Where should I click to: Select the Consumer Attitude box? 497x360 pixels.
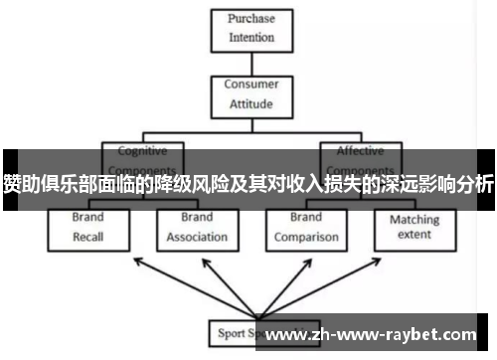click(x=250, y=93)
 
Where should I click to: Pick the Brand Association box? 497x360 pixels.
click(x=197, y=228)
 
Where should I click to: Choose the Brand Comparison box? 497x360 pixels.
click(x=305, y=228)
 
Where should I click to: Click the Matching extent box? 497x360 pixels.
click(x=414, y=228)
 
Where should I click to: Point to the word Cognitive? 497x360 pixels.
click(x=143, y=151)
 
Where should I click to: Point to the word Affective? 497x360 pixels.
click(x=360, y=151)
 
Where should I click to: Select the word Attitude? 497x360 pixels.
click(x=250, y=103)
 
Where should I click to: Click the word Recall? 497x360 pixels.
click(x=87, y=239)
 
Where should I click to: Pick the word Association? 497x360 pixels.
click(x=197, y=239)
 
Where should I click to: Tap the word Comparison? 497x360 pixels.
click(x=305, y=239)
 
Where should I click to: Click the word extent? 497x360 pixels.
click(x=414, y=237)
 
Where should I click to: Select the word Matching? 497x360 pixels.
click(x=414, y=220)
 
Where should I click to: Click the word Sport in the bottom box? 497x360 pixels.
click(x=230, y=332)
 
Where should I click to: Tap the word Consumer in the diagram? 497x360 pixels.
click(x=250, y=85)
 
